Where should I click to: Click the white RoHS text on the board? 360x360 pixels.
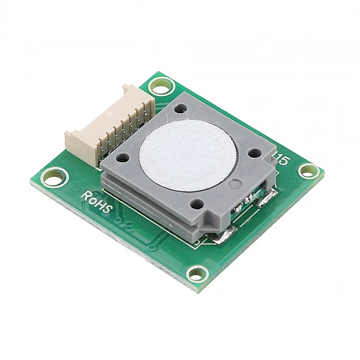(x=97, y=202)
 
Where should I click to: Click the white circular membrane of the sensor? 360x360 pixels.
(x=187, y=155)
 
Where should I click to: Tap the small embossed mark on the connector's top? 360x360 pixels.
(x=109, y=113)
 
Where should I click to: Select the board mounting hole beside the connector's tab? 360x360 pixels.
(x=161, y=86)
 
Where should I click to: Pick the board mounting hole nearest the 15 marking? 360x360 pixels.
(x=309, y=172)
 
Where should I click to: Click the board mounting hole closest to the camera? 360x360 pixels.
(x=198, y=274)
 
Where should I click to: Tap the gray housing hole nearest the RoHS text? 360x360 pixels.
(x=122, y=158)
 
